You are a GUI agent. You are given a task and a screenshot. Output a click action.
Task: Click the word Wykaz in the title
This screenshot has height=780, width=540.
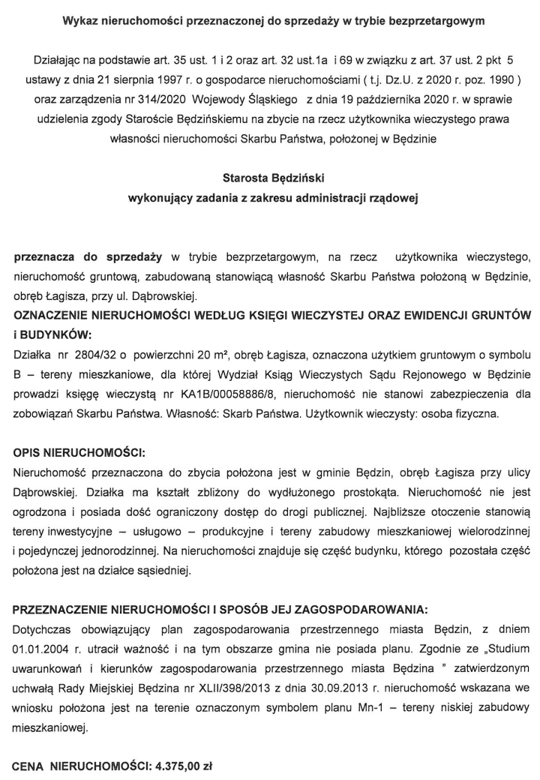[81, 22]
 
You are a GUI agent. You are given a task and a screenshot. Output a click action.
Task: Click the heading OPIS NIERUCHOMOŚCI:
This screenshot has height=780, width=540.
[78, 455]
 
